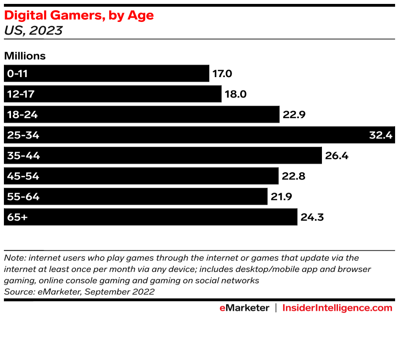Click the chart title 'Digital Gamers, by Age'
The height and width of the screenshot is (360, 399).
tap(79, 15)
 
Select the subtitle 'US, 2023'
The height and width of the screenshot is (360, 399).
tap(33, 30)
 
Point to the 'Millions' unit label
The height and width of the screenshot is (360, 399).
tap(25, 56)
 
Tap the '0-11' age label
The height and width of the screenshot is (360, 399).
tap(18, 74)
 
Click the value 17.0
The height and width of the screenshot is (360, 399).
tap(223, 74)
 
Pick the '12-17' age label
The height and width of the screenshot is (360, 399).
tap(20, 94)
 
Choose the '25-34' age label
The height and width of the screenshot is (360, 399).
tap(23, 135)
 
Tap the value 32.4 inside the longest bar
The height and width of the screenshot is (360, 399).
tap(381, 135)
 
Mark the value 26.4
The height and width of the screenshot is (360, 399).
tap(336, 156)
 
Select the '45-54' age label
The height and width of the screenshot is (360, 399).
tap(23, 176)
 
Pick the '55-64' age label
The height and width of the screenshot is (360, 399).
tap(23, 197)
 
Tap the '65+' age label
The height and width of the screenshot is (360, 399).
tap(17, 217)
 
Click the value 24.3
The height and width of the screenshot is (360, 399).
tap(312, 217)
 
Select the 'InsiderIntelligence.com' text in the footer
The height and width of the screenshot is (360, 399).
tap(337, 308)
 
